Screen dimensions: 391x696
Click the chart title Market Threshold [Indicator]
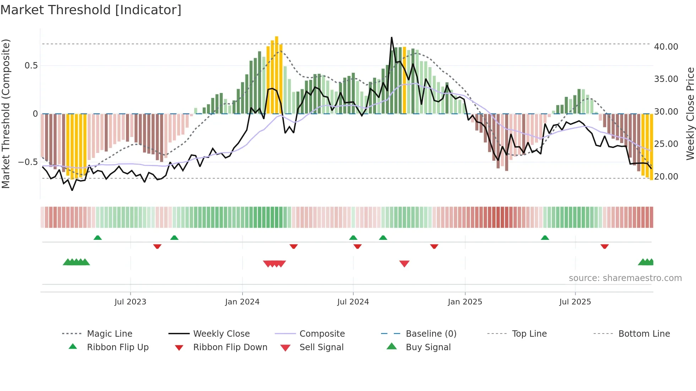pos(91,10)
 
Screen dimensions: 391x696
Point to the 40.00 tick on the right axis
pos(666,47)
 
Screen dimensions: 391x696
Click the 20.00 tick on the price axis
pos(666,177)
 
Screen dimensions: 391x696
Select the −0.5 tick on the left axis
pos(28,162)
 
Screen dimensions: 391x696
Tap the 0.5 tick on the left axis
pos(31,66)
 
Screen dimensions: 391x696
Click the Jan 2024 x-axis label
pos(242,302)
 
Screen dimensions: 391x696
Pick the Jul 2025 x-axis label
pos(575,302)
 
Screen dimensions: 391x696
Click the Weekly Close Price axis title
pos(690,114)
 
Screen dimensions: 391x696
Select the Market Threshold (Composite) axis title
pos(6,114)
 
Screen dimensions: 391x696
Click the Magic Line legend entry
pos(109,334)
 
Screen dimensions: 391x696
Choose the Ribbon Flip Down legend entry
pos(230,347)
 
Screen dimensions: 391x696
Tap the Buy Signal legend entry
pos(428,347)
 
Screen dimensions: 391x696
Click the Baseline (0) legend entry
pos(431,334)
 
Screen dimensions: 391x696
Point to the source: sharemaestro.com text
pos(625,278)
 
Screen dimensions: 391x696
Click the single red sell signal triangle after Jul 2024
pos(404,264)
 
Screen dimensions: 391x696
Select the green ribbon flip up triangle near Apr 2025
pos(545,238)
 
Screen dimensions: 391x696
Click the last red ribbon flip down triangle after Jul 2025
pos(604,246)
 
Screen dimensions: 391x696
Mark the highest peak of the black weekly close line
pos(392,37)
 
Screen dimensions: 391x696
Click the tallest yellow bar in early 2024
pos(277,75)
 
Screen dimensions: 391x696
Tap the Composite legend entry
pos(322,334)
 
